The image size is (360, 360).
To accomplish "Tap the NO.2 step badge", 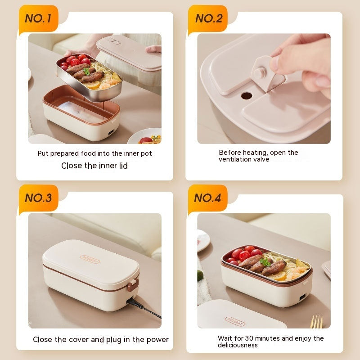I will click(x=208, y=18).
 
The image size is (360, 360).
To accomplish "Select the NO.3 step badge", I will click(x=38, y=198).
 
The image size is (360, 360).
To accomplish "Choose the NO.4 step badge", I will click(x=207, y=198).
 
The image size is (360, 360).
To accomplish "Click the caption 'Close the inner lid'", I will click(x=94, y=166).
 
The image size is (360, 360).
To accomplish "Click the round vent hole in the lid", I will click(x=247, y=96).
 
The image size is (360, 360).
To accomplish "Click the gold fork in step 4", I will click(x=317, y=321).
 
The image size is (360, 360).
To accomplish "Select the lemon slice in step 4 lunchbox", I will click(x=281, y=276).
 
